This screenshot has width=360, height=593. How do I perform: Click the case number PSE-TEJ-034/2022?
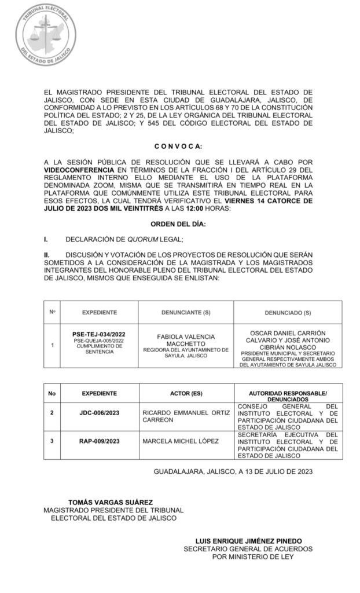99,334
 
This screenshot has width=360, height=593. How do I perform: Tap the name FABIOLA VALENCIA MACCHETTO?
186,340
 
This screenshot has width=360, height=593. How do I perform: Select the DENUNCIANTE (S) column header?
186,313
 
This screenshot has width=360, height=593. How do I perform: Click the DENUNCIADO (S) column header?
288,313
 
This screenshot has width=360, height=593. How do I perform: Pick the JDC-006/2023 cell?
99,413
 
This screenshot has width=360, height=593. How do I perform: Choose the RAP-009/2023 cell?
99,441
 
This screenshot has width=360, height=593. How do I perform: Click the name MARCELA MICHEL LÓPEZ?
181,441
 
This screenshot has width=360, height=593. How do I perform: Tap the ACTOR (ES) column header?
186,393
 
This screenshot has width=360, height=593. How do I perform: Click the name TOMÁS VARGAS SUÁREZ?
111,502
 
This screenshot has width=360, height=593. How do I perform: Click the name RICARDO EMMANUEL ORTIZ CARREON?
186,416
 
